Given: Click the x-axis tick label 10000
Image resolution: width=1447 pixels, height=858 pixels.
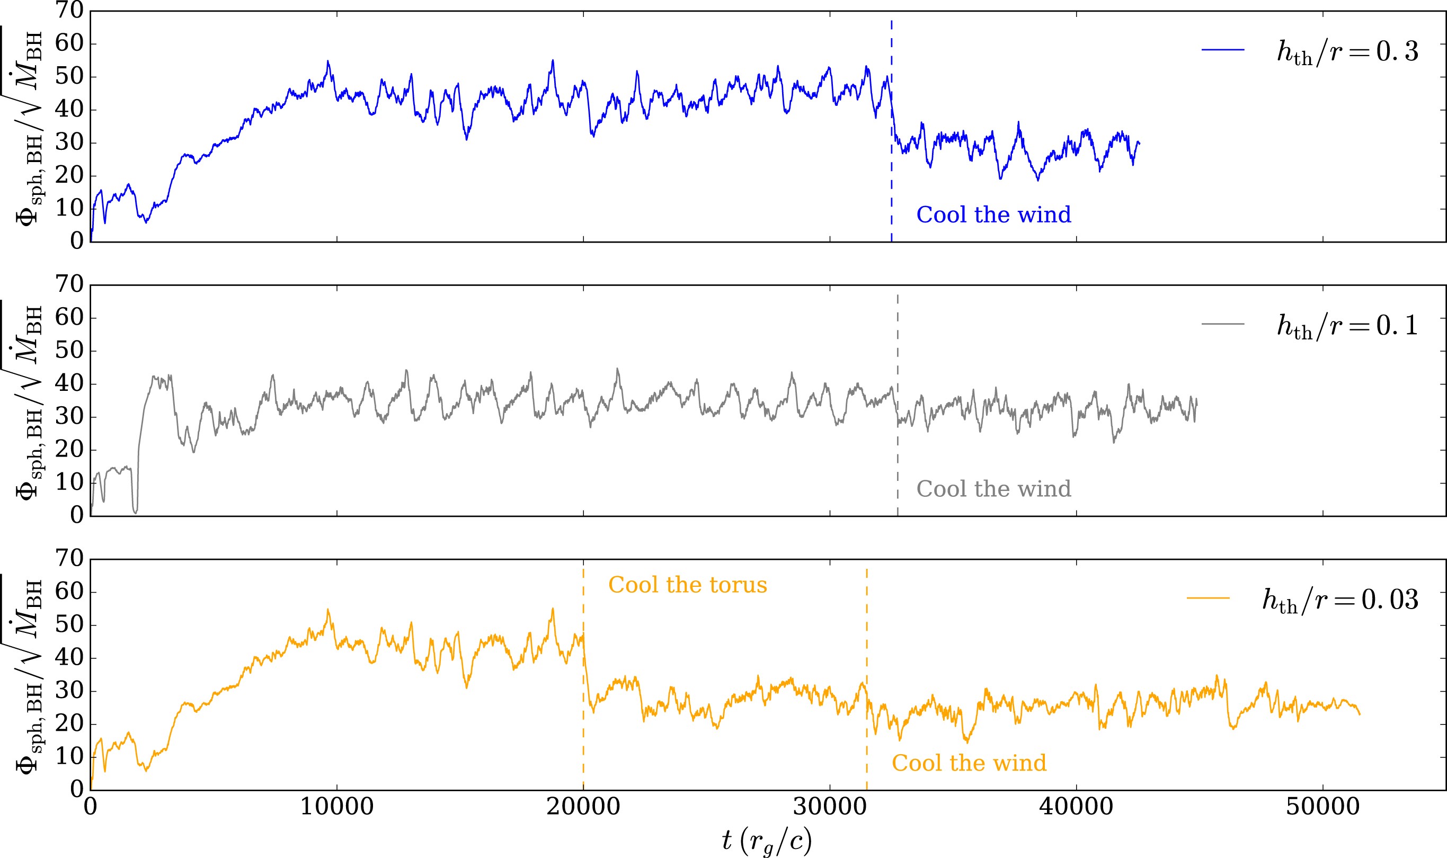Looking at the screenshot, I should pos(336,807).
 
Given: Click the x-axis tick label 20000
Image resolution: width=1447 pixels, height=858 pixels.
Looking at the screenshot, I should pos(583,807).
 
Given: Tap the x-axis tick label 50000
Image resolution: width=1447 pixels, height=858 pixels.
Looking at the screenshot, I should pos(1322,807).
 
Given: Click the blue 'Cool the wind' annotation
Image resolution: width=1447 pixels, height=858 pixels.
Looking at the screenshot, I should pos(993,215).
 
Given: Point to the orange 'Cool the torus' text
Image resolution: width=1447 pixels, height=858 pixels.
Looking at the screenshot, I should pos(687,585).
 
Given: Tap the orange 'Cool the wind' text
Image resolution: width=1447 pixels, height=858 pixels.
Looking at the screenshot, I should pos(969,763).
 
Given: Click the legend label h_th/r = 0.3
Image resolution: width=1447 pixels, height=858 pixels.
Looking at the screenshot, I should pos(1347,52).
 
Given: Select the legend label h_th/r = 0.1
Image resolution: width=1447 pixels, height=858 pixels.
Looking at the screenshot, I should pos(1347,326).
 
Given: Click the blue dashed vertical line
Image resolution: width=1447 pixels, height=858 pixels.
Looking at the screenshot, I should pos(891,173).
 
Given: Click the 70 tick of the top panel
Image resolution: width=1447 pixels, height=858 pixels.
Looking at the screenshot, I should pos(69,11).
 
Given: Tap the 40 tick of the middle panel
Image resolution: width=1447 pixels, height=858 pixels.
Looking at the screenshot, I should pos(69,384).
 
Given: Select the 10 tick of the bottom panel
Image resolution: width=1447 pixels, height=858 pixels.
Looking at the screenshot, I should pos(69,757).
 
